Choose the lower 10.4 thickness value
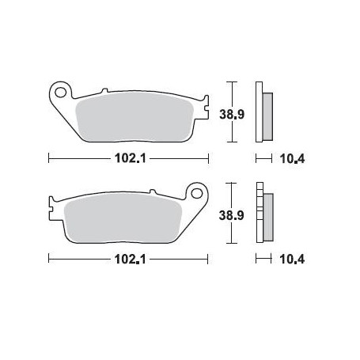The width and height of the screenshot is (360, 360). click(293, 259)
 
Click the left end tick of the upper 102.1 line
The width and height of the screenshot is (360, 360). click(49, 157)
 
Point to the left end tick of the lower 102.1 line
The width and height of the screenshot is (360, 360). click(49, 258)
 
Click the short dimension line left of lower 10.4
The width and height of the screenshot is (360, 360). click(263, 258)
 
